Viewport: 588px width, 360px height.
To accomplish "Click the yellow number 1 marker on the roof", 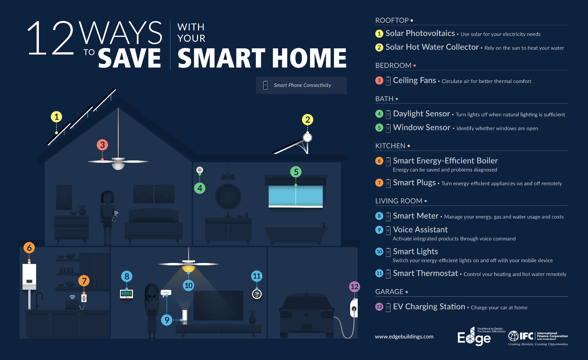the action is [57, 117].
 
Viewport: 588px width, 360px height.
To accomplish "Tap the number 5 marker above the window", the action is [296, 172].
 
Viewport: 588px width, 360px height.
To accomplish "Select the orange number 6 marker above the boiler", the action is [29, 248].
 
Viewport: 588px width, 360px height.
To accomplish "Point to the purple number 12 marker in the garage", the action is [354, 287].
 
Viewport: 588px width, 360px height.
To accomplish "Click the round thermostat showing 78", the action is [257, 294].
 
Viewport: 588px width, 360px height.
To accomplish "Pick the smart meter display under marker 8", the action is [126, 293].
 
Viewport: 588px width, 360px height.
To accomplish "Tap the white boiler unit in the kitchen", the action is [29, 276].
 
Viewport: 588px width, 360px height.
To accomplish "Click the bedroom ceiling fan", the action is [118, 162].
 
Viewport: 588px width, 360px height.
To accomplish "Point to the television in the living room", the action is [218, 305].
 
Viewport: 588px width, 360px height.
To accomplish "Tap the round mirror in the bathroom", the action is [228, 197].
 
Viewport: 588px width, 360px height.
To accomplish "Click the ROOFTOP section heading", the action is [392, 20].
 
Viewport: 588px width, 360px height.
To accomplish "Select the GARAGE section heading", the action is [389, 292].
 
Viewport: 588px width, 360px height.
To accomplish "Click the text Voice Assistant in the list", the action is [420, 230].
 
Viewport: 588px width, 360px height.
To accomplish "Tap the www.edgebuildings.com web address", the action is [404, 336].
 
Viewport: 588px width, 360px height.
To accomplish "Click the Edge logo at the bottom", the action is [474, 337].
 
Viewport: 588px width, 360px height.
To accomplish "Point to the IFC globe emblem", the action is [514, 335].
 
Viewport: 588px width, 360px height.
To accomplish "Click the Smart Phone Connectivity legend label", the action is [302, 85].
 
